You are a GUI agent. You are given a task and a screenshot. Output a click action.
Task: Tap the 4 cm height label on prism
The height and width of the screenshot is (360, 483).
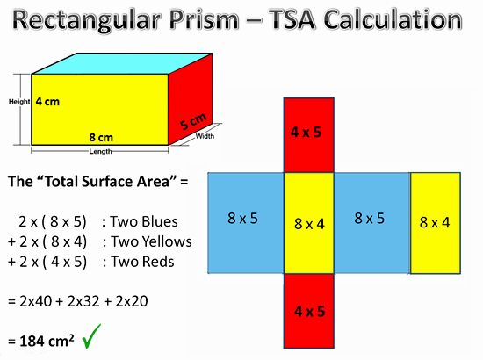point(48,102)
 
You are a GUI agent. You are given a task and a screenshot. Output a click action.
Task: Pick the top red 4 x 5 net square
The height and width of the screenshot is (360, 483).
point(308,133)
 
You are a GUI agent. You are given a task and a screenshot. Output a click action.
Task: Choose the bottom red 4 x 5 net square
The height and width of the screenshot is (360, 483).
point(308,311)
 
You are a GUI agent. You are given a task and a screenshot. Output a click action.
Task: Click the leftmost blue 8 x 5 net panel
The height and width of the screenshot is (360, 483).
point(245,221)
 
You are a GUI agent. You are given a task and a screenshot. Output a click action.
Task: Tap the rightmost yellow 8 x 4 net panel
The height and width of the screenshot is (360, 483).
point(435,221)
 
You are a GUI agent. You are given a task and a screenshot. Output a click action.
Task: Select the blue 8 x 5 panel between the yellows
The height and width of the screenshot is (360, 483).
point(372,221)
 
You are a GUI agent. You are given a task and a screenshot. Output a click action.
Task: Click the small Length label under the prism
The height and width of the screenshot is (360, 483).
point(100,151)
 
